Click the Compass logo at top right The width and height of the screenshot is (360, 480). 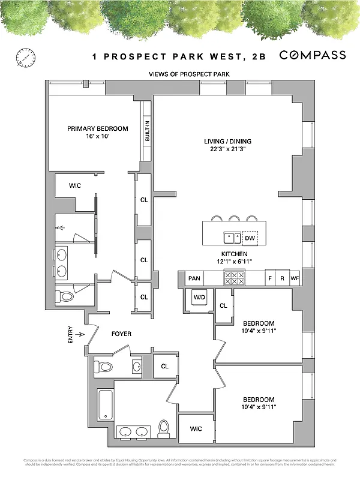click(x=313, y=55)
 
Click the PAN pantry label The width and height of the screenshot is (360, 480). click(x=194, y=278)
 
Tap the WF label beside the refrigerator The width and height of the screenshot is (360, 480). click(x=295, y=278)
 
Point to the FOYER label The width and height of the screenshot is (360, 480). click(x=121, y=334)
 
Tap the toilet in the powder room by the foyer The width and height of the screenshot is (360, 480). click(x=104, y=367)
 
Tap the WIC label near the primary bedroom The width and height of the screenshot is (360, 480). click(x=75, y=186)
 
